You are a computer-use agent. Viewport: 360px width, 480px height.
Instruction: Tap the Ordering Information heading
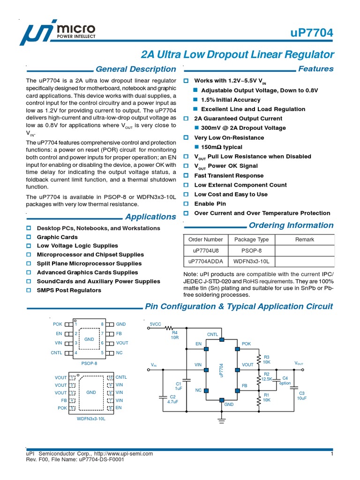click(291, 225)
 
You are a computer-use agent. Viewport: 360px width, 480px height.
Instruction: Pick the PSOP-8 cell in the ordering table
click(251, 250)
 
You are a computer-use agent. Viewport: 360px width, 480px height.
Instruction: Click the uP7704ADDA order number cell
click(205, 261)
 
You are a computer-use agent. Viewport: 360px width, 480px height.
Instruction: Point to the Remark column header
click(304, 240)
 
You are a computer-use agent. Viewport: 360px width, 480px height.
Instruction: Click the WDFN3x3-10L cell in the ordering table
click(251, 261)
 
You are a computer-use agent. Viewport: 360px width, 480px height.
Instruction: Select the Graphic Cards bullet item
click(57, 237)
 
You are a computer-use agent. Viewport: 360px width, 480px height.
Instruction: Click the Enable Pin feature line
click(210, 204)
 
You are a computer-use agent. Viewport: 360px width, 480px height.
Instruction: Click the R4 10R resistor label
click(175, 335)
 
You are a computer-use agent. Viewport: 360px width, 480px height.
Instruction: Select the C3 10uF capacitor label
click(301, 395)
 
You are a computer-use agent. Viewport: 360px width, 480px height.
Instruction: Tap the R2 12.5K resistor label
click(266, 376)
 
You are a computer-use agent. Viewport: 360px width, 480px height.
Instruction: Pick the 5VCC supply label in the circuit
click(155, 324)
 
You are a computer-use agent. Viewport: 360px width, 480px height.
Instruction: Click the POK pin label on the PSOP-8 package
click(57, 324)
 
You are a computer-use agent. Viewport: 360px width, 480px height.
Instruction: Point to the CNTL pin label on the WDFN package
click(121, 377)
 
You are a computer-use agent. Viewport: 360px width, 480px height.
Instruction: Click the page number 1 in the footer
click(331, 454)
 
